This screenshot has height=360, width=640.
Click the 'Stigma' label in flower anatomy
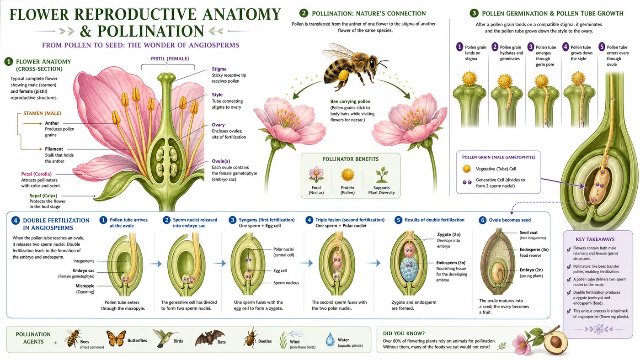pyautogui.click(x=219, y=69)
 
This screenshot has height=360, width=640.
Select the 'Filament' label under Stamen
pyautogui.click(x=54, y=149)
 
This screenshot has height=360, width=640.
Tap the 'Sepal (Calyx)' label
pyautogui.click(x=43, y=196)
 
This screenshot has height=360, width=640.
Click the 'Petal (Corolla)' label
pyautogui.click(x=36, y=174)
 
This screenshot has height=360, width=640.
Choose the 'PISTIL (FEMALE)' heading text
pyautogui.click(x=170, y=58)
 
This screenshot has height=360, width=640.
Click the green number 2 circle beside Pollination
pyautogui.click(x=304, y=13)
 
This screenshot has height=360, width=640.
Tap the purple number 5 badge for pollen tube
pyautogui.click(x=602, y=47)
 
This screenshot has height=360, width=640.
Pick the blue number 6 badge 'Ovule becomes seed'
pyautogui.click(x=483, y=220)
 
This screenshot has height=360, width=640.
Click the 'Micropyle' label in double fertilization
pyautogui.click(x=85, y=286)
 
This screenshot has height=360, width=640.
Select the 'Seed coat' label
pyautogui.click(x=528, y=233)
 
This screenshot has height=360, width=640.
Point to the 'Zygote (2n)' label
pyautogui.click(x=449, y=234)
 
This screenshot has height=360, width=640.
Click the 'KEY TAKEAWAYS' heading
pyautogui.click(x=595, y=239)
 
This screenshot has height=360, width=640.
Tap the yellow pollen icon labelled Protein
pyautogui.click(x=348, y=175)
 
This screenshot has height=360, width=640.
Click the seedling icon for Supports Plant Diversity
pyautogui.click(x=381, y=175)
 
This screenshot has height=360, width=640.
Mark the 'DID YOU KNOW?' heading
pyautogui.click(x=404, y=333)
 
